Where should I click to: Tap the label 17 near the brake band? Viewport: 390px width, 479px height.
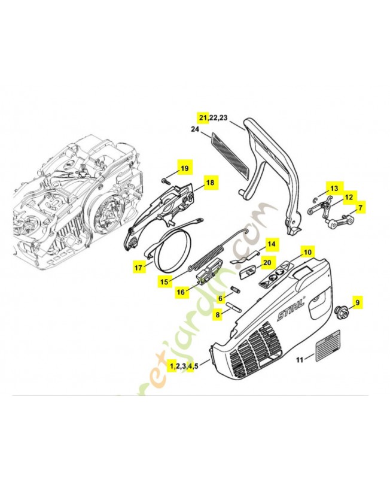pyautogui.click(x=138, y=268)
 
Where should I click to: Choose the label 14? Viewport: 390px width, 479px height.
pyautogui.click(x=271, y=244)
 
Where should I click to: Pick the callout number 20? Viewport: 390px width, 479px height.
pyautogui.click(x=267, y=262)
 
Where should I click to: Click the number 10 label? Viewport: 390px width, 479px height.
pyautogui.click(x=307, y=252)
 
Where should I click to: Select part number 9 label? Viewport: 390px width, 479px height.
pyautogui.click(x=358, y=303)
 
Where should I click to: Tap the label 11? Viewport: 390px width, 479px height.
pyautogui.click(x=300, y=360)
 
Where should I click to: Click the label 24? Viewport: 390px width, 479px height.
pyautogui.click(x=194, y=129)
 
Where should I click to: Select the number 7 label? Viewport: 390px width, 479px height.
pyautogui.click(x=360, y=208)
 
